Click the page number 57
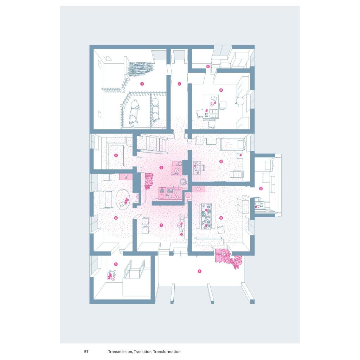coord(86,352)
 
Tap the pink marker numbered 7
coord(142,84)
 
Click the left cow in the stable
coord(134,112)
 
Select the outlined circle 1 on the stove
coord(176,171)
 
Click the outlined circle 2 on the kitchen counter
coord(177,197)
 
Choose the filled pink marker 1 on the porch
coord(199,271)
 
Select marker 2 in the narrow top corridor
coord(179,84)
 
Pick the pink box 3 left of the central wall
coord(126,176)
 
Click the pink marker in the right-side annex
coord(261,188)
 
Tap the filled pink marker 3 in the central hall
coord(161,168)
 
